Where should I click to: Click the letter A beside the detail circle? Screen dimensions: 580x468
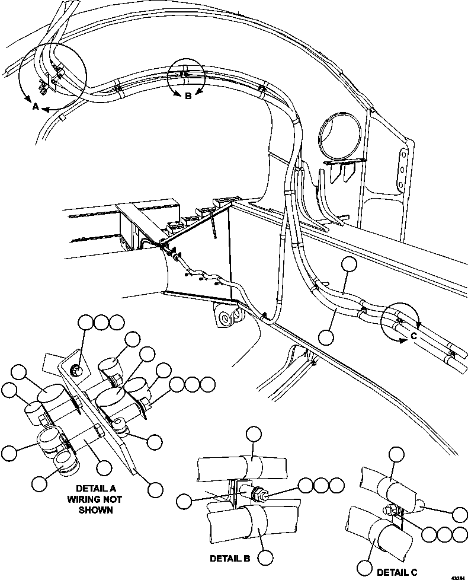tap(35, 107)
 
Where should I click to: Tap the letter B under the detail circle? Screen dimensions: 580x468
tap(188, 97)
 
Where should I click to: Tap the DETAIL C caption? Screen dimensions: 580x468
tap(397, 572)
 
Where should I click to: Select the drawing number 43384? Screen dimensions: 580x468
tap(458, 576)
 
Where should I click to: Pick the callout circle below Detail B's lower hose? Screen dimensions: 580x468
tap(265, 557)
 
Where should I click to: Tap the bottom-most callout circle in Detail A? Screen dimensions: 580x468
tap(155, 489)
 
